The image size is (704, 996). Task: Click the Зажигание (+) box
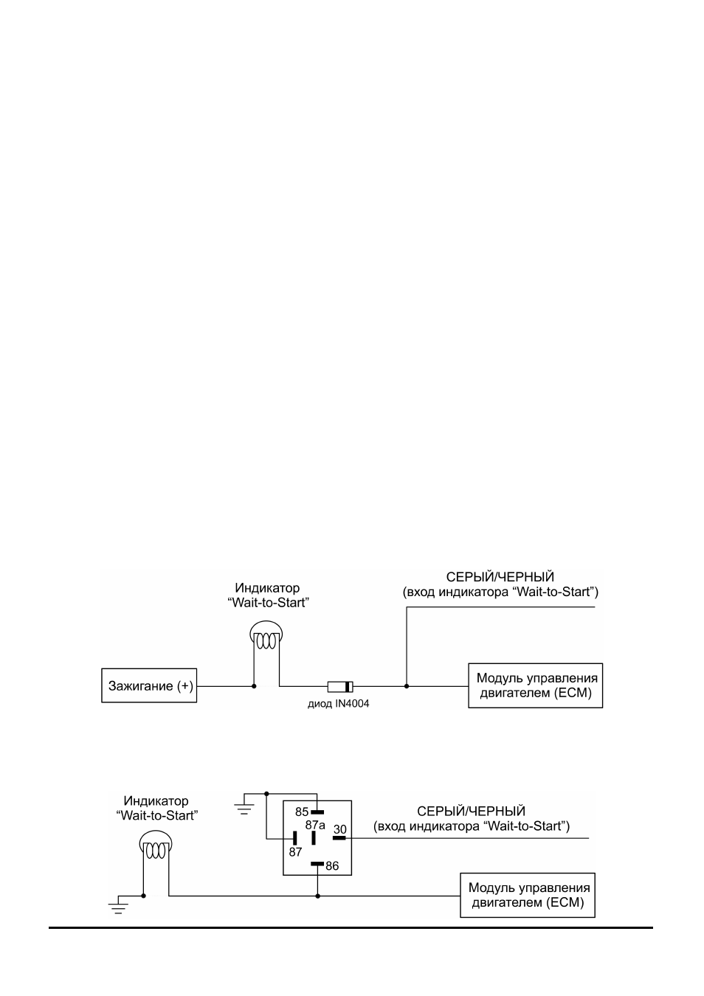point(149,685)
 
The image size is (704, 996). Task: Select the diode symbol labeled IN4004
point(340,686)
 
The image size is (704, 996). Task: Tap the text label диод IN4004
point(339,704)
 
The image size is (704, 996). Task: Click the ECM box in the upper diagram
point(536,685)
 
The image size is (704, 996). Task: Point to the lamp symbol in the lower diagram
point(156,847)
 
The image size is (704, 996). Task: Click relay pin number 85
point(302,812)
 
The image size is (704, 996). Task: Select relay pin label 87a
point(315,825)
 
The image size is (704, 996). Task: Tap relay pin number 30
point(339,829)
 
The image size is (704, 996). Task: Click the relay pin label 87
point(295,852)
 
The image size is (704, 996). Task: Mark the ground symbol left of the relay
point(244,809)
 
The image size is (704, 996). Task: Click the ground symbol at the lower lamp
point(118,908)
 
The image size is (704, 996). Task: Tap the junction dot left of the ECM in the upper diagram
point(407,686)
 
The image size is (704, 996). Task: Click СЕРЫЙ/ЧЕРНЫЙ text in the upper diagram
point(500,577)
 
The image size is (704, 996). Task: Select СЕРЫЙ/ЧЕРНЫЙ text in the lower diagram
point(471,812)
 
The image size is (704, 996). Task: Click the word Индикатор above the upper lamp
point(267,588)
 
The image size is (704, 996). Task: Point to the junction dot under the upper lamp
point(254,686)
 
